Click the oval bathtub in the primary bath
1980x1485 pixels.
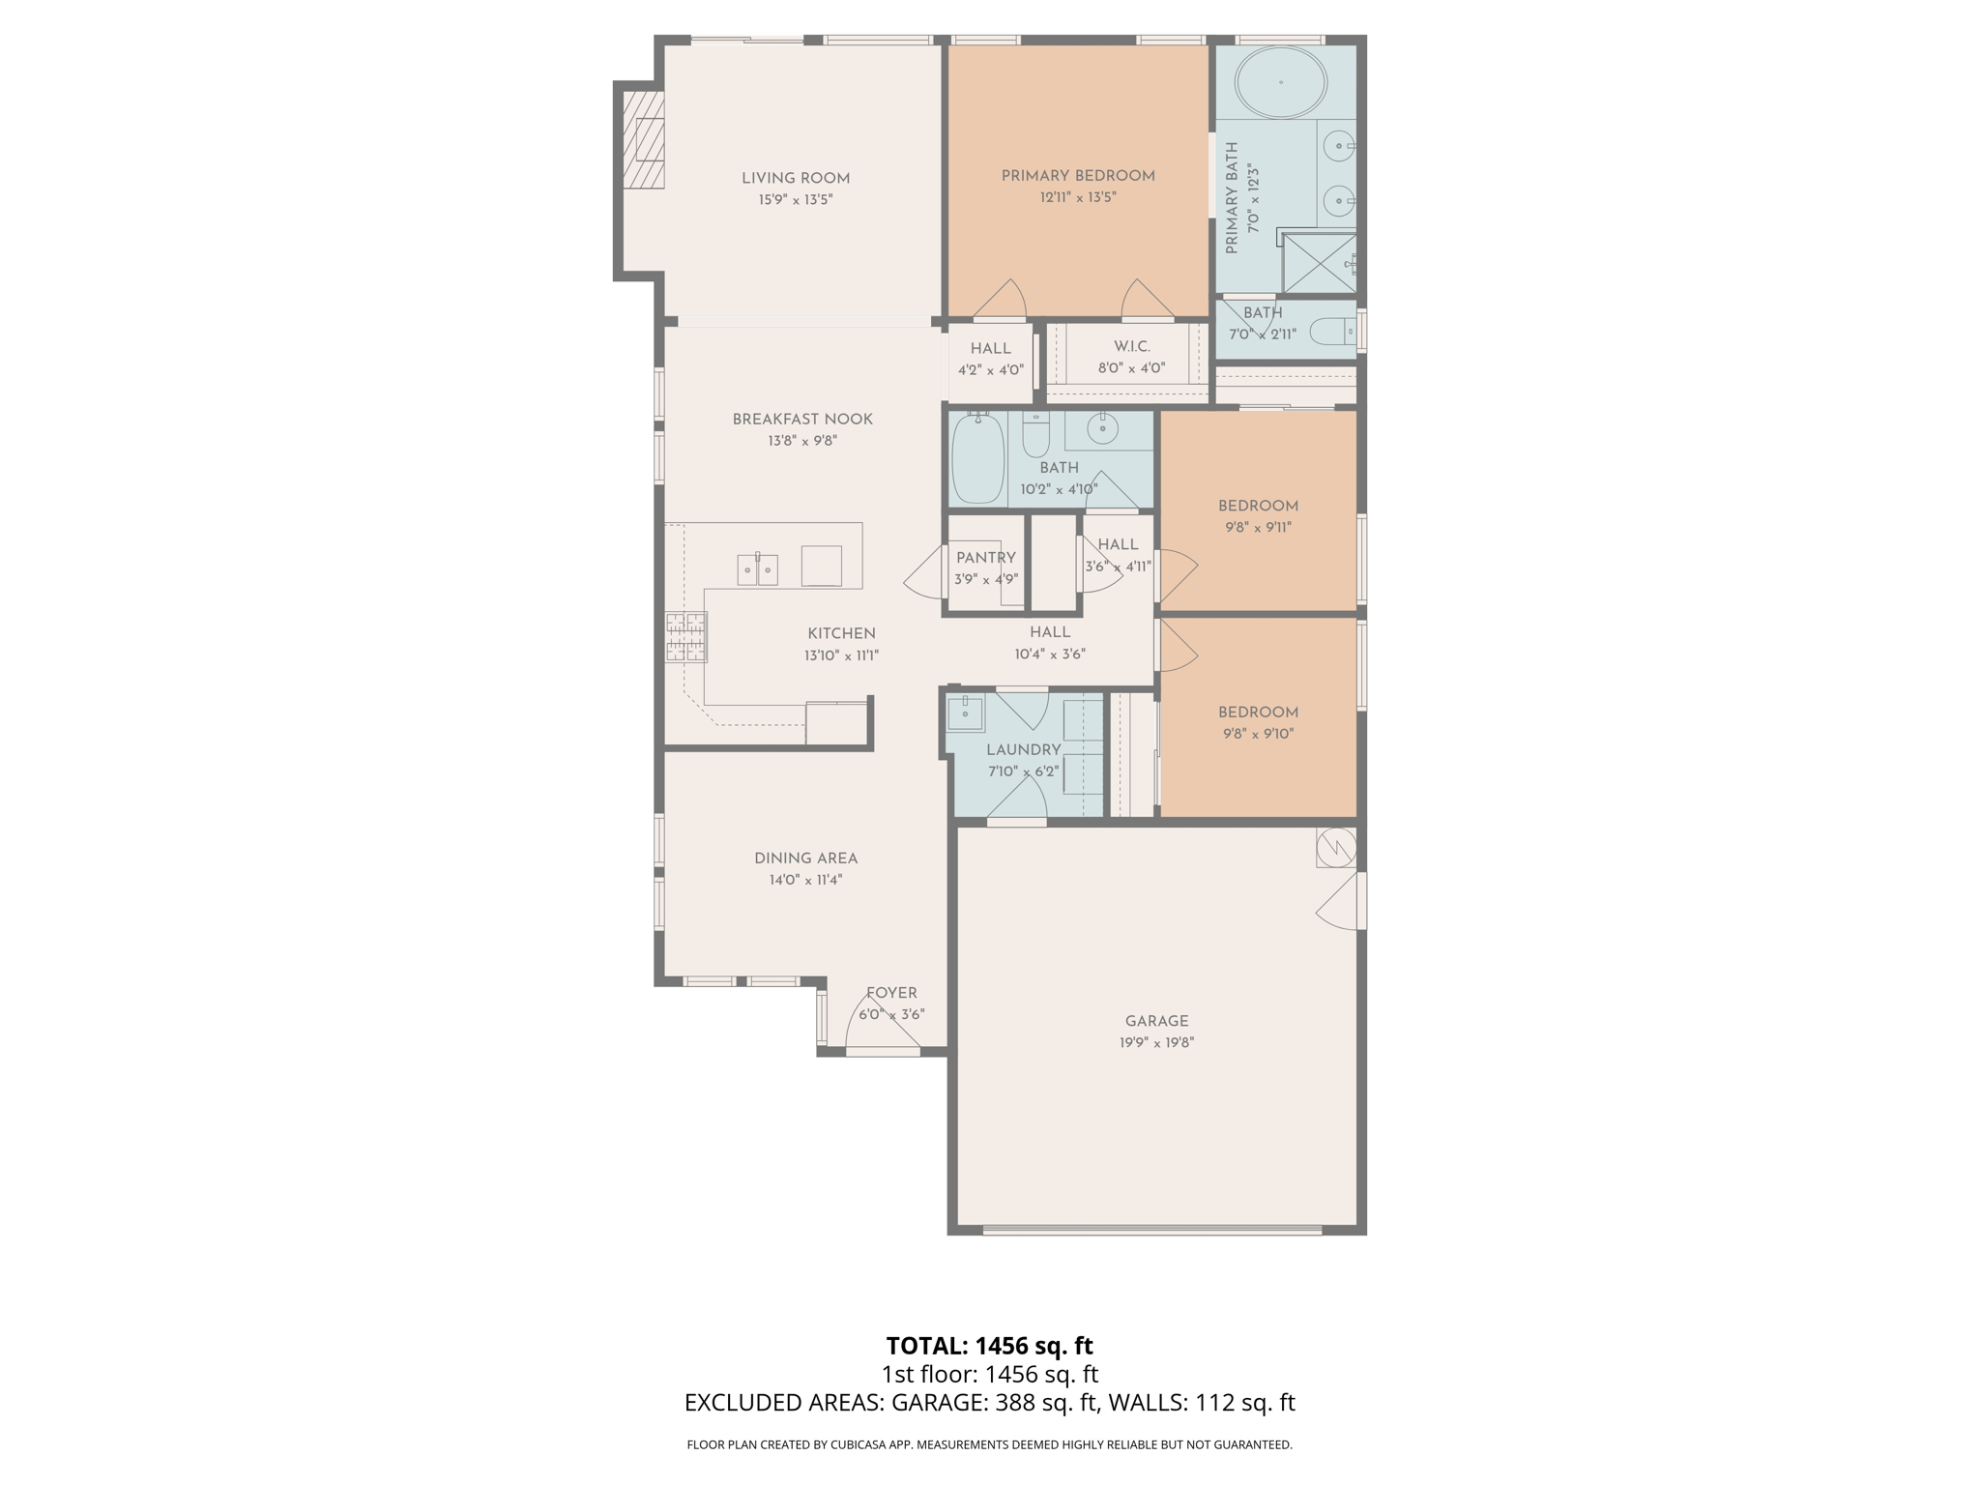point(1281,82)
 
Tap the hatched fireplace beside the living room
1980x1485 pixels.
point(643,139)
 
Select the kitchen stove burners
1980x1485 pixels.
point(685,637)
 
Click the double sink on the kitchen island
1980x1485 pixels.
point(758,569)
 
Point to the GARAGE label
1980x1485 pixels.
point(1156,1021)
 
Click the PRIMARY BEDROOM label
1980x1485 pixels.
point(1078,176)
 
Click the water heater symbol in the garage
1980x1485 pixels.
point(1336,848)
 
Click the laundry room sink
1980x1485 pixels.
point(965,713)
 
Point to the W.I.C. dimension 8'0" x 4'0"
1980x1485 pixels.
point(1131,368)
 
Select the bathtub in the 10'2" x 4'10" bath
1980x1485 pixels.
point(977,459)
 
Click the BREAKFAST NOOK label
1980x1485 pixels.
point(802,420)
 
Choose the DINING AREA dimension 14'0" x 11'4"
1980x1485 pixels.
point(805,880)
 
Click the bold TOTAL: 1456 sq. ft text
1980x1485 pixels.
point(989,1346)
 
